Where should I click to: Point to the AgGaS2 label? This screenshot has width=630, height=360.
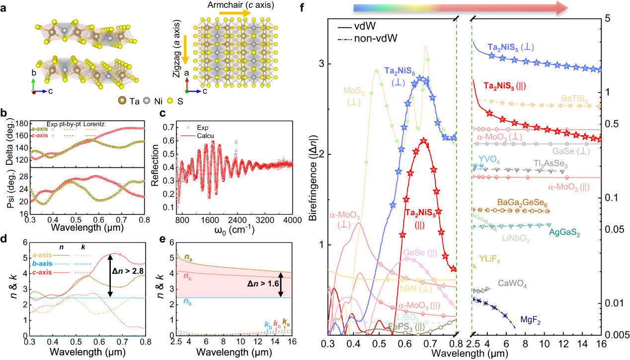(x=565, y=231)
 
